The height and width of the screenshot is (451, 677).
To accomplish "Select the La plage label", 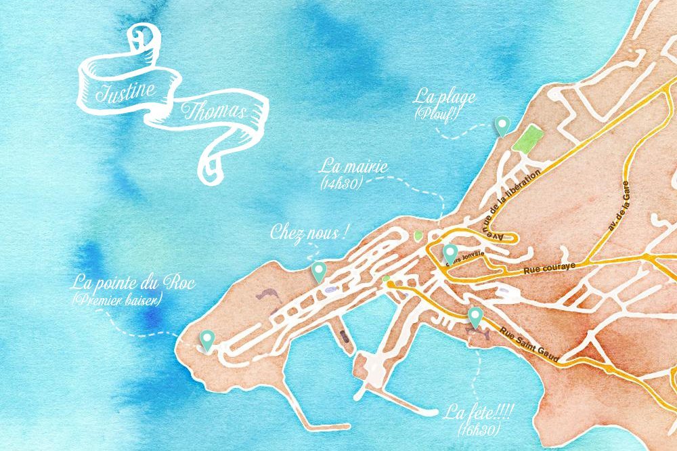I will point(444,98).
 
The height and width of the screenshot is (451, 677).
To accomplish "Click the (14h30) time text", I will point(338,183).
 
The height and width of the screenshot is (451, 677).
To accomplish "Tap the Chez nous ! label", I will point(309,234).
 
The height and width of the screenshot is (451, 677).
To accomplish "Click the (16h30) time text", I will point(479,429).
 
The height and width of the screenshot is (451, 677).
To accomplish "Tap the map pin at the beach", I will point(502,125).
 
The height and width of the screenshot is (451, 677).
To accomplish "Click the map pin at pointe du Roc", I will point(206,338).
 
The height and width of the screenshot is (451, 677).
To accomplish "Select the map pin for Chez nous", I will point(319,271).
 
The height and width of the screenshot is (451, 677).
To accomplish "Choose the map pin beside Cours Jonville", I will point(450,253).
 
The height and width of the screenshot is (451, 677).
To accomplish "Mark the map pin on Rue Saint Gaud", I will point(475,316).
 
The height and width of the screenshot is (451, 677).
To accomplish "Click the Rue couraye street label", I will point(549,269).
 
